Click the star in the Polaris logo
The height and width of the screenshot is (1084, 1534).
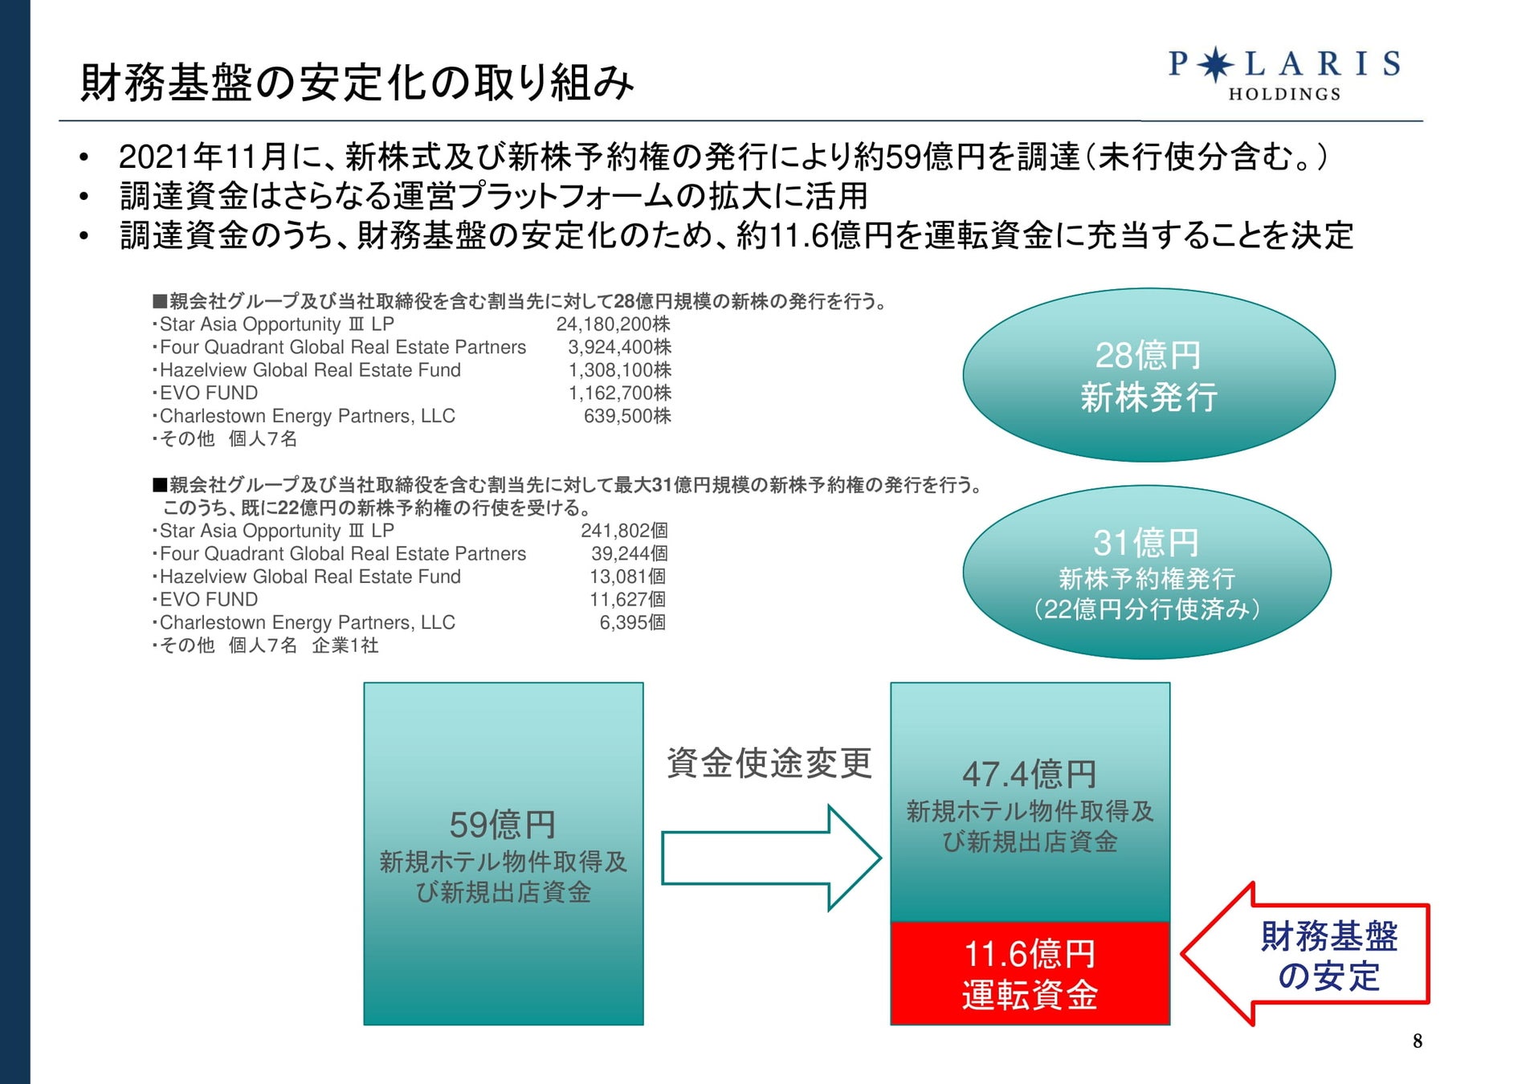(x=1215, y=64)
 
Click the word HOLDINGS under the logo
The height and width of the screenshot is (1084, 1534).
(x=1284, y=94)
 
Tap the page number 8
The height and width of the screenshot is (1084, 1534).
(x=1418, y=1041)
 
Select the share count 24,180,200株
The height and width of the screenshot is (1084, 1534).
(x=613, y=324)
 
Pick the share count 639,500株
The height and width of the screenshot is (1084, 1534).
(x=626, y=416)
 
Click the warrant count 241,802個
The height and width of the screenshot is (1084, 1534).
(x=624, y=531)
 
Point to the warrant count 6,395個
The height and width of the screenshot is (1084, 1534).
(x=632, y=622)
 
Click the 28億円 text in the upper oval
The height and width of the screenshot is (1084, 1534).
(x=1148, y=355)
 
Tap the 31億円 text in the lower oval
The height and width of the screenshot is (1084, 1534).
(x=1146, y=543)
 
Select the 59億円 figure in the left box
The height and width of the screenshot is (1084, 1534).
(x=503, y=825)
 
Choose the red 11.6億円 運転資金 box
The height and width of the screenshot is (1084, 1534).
(x=1030, y=973)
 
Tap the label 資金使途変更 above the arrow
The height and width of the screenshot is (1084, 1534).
(x=769, y=763)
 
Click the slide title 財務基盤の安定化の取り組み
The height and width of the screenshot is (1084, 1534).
(x=357, y=83)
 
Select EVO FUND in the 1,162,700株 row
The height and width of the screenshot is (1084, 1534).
(x=209, y=393)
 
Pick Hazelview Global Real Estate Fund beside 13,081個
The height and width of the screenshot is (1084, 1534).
(x=310, y=577)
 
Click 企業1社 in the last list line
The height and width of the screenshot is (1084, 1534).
(x=345, y=646)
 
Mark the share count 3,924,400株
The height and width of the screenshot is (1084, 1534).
(x=619, y=348)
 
